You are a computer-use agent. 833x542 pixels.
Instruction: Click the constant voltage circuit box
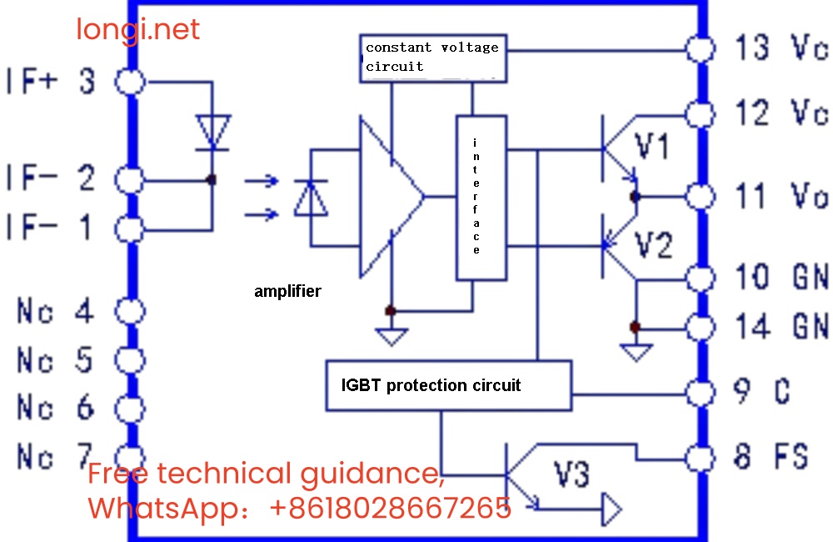(x=432, y=58)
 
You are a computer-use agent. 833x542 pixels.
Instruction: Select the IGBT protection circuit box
(x=448, y=385)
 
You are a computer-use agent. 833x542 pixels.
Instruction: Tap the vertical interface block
(x=481, y=198)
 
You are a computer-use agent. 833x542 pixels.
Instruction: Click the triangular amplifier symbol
(x=388, y=198)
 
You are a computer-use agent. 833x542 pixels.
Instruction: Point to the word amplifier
(x=287, y=292)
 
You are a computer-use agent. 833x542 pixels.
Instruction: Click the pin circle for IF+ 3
(x=130, y=82)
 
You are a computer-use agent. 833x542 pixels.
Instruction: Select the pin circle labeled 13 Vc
(x=701, y=48)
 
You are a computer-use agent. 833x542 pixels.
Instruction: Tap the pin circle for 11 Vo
(x=701, y=197)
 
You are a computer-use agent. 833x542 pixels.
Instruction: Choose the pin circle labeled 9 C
(x=701, y=390)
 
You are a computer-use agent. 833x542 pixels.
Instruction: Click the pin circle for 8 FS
(x=701, y=457)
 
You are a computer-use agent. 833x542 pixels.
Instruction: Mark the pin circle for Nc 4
(x=130, y=312)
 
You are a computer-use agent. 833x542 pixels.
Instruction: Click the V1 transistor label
(x=652, y=148)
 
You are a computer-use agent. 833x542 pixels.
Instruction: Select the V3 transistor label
(x=572, y=475)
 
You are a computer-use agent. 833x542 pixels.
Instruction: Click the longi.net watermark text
(x=138, y=30)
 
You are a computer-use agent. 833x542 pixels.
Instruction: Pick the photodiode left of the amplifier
(x=310, y=198)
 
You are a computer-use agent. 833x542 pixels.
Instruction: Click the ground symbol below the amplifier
(x=390, y=335)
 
